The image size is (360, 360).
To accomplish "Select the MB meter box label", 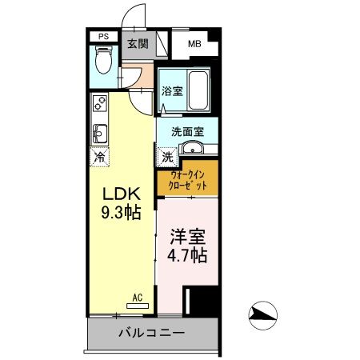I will (x=194, y=45).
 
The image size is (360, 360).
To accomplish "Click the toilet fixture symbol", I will (x=102, y=61).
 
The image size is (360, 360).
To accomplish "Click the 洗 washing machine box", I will (x=167, y=156).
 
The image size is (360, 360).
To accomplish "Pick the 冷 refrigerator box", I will (x=100, y=157).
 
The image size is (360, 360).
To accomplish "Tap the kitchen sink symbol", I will (x=100, y=131).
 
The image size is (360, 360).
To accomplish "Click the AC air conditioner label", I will (x=137, y=298).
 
